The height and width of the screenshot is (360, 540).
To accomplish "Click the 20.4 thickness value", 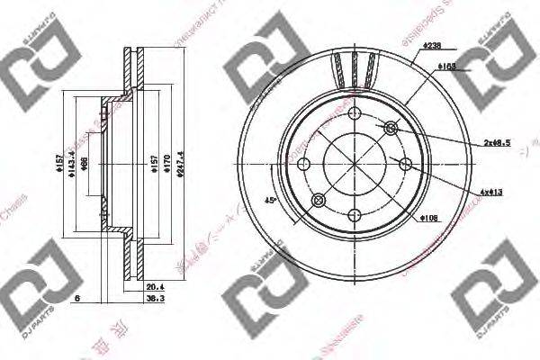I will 152,286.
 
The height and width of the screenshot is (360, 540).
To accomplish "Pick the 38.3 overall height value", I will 152,298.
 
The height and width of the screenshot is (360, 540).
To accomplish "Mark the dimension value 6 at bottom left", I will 78,298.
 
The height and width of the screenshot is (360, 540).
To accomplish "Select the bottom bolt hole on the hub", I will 355,215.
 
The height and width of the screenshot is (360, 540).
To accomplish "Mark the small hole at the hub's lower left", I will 318,200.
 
